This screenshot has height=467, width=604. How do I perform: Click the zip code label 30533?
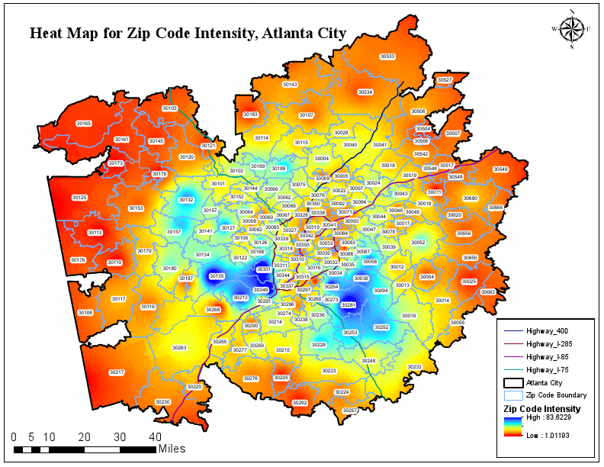point(387,56)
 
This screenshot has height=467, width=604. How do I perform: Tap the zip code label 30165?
point(84,123)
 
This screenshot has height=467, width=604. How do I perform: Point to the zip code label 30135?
point(217,275)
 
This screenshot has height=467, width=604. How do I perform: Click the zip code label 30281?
point(349,304)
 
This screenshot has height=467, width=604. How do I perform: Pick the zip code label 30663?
point(488,292)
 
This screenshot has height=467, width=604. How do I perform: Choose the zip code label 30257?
point(350,411)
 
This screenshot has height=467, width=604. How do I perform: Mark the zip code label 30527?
point(445,79)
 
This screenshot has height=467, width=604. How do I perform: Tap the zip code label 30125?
point(79,198)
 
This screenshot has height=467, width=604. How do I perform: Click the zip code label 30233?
point(414,367)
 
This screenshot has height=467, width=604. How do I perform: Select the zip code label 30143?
point(290,85)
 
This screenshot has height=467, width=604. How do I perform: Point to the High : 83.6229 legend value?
point(553,419)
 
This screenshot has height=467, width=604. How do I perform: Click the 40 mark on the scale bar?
point(154,437)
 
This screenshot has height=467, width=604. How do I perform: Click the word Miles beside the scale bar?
point(172,449)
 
